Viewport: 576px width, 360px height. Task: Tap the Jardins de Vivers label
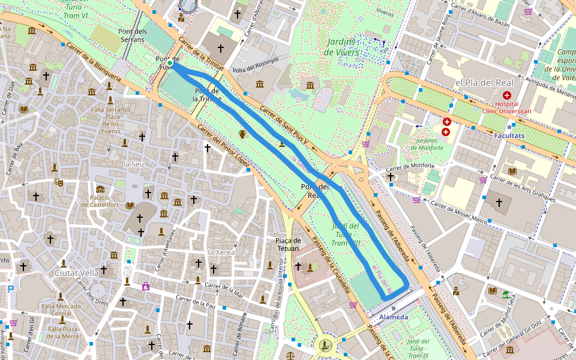342,47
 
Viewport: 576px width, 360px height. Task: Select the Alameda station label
394,317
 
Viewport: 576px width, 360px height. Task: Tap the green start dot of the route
170,62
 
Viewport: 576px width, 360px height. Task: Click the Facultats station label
509,136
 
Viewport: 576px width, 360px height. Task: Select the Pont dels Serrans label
133,35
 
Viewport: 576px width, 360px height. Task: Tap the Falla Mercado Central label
61,310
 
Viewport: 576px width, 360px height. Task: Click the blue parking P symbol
10,289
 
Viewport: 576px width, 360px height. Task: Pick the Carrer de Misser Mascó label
461,212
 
